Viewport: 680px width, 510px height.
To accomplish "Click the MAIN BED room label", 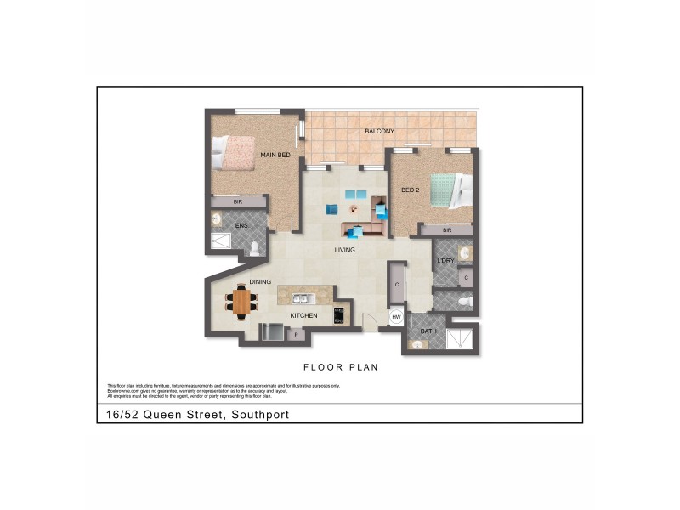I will click(x=275, y=155).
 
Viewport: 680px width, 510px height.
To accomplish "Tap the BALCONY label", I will click(x=379, y=132).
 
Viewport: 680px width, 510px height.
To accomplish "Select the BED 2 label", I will click(x=411, y=190).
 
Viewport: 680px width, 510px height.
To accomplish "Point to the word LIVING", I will click(x=344, y=250).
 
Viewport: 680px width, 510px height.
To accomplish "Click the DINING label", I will click(x=260, y=282).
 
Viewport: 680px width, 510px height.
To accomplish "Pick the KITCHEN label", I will click(x=303, y=316).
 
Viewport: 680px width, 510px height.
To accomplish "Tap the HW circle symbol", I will click(x=396, y=317).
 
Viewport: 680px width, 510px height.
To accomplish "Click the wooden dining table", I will click(x=242, y=302).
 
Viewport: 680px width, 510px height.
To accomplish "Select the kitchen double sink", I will click(x=302, y=298).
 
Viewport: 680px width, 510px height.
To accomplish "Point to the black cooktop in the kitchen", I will click(x=338, y=315).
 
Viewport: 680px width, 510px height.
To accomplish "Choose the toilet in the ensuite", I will click(x=254, y=248).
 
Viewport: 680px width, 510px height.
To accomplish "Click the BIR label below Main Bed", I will click(x=238, y=202).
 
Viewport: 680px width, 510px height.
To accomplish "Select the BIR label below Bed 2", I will click(x=445, y=230).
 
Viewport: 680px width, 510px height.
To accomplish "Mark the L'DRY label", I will click(x=444, y=261).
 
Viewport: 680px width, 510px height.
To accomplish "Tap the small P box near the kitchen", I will click(x=297, y=335).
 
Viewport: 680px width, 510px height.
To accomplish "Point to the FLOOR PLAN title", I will click(x=340, y=368).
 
